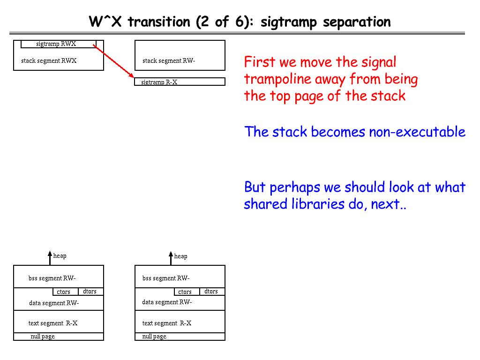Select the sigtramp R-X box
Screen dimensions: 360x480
click(180, 82)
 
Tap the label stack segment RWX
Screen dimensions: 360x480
click(49, 60)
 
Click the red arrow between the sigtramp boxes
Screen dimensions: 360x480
click(114, 61)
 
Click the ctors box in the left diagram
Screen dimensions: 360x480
click(64, 292)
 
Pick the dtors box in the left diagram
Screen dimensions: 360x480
click(90, 292)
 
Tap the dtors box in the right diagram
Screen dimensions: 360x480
click(212, 292)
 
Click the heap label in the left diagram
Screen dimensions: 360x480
click(60, 255)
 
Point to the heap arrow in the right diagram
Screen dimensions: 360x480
click(171, 258)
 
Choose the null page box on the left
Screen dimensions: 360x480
click(58, 337)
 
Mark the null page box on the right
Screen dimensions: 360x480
click(180, 337)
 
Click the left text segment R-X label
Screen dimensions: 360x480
click(53, 323)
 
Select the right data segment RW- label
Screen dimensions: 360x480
click(167, 302)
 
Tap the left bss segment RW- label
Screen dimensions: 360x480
click(52, 278)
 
